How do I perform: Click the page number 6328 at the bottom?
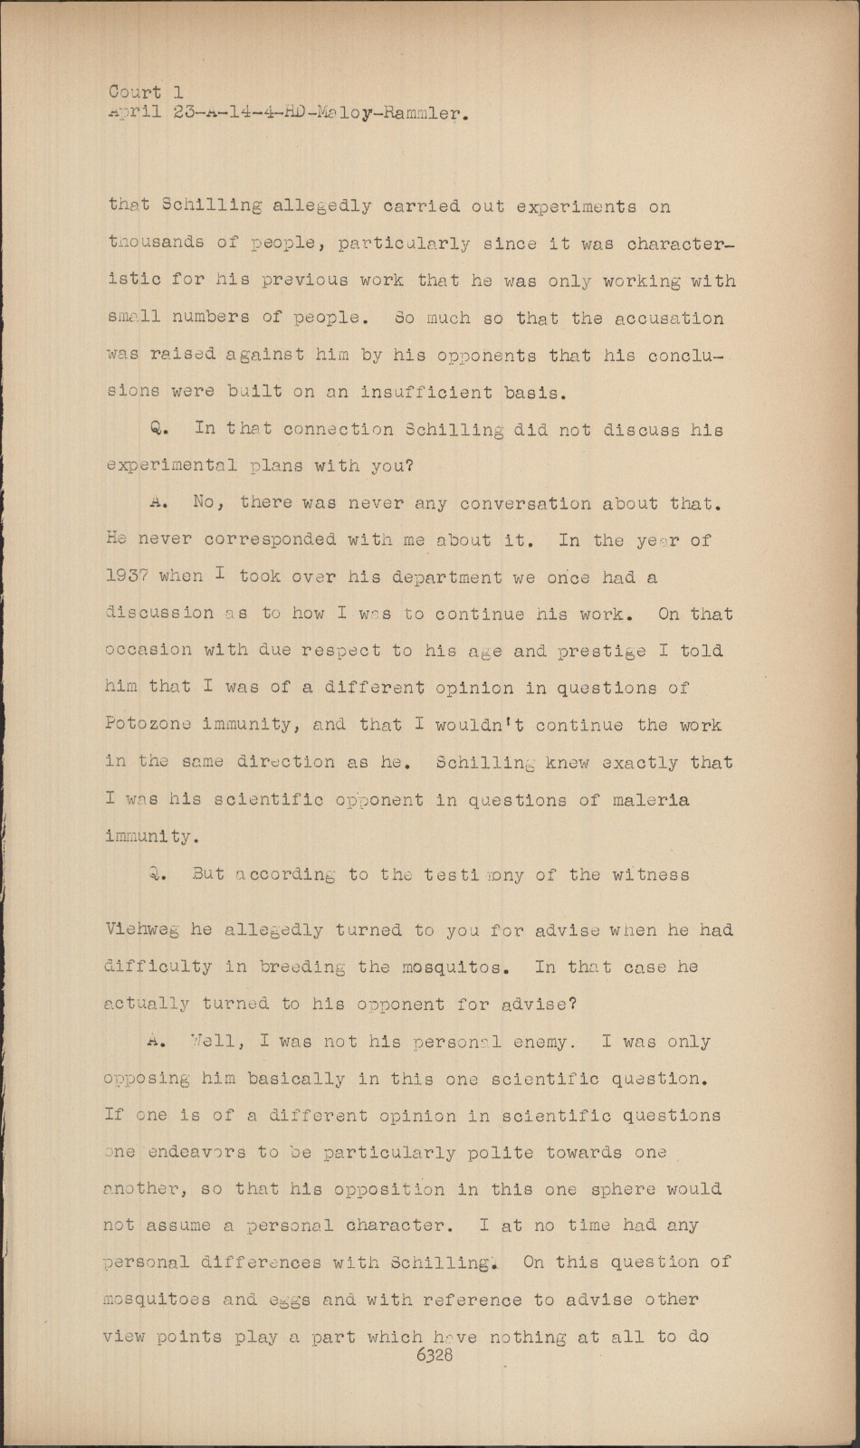[434, 1355]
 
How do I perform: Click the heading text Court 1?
[146, 92]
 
